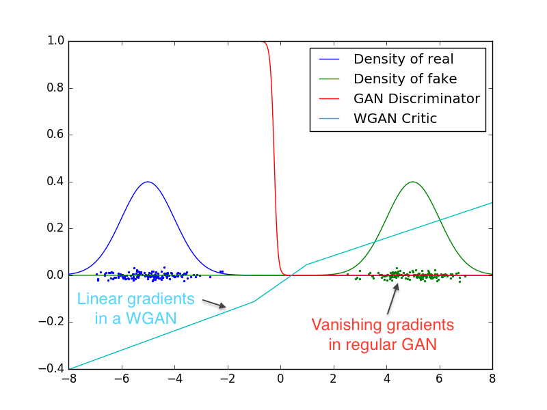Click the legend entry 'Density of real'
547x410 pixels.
(403, 59)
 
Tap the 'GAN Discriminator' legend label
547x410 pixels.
(416, 98)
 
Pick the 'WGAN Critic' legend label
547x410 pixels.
(395, 118)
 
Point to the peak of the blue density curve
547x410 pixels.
(148, 182)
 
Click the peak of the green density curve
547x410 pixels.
(412, 182)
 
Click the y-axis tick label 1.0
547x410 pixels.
(55, 42)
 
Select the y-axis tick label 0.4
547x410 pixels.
(55, 182)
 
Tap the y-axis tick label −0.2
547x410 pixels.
(52, 322)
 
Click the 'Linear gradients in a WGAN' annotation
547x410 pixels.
(135, 308)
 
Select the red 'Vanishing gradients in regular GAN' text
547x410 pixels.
(382, 334)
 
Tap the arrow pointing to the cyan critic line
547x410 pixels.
(215, 304)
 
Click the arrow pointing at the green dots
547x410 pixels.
(392, 298)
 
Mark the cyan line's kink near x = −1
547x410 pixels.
(254, 301)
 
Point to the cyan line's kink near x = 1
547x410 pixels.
(307, 264)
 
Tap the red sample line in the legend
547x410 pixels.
(331, 98)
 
